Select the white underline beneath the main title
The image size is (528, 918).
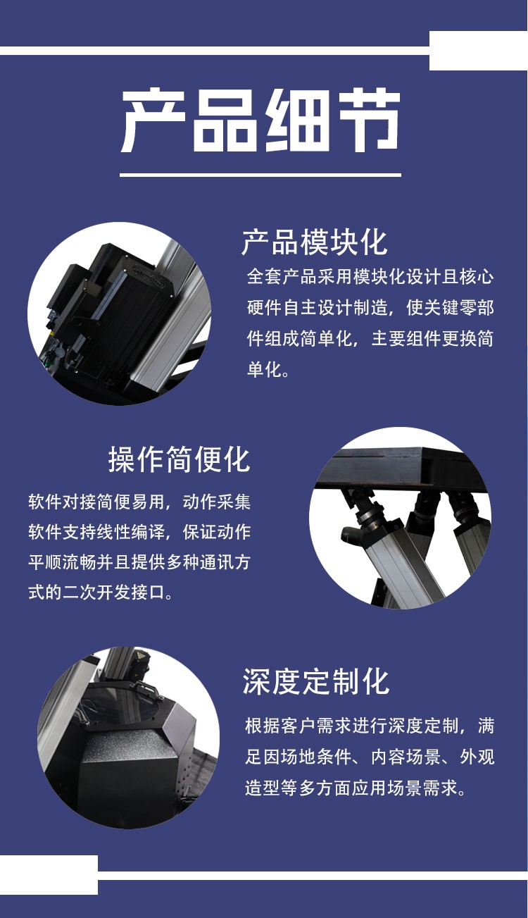[260, 174]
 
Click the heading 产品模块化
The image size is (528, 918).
[314, 242]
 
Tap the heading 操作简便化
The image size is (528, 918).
[179, 460]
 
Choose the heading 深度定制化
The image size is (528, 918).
[315, 682]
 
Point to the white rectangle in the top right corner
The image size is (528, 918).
[478, 50]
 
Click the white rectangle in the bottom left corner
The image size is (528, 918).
[49, 874]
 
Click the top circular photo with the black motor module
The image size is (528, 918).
[119, 314]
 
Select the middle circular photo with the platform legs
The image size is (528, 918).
[400, 518]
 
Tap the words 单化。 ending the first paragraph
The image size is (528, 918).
[268, 370]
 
